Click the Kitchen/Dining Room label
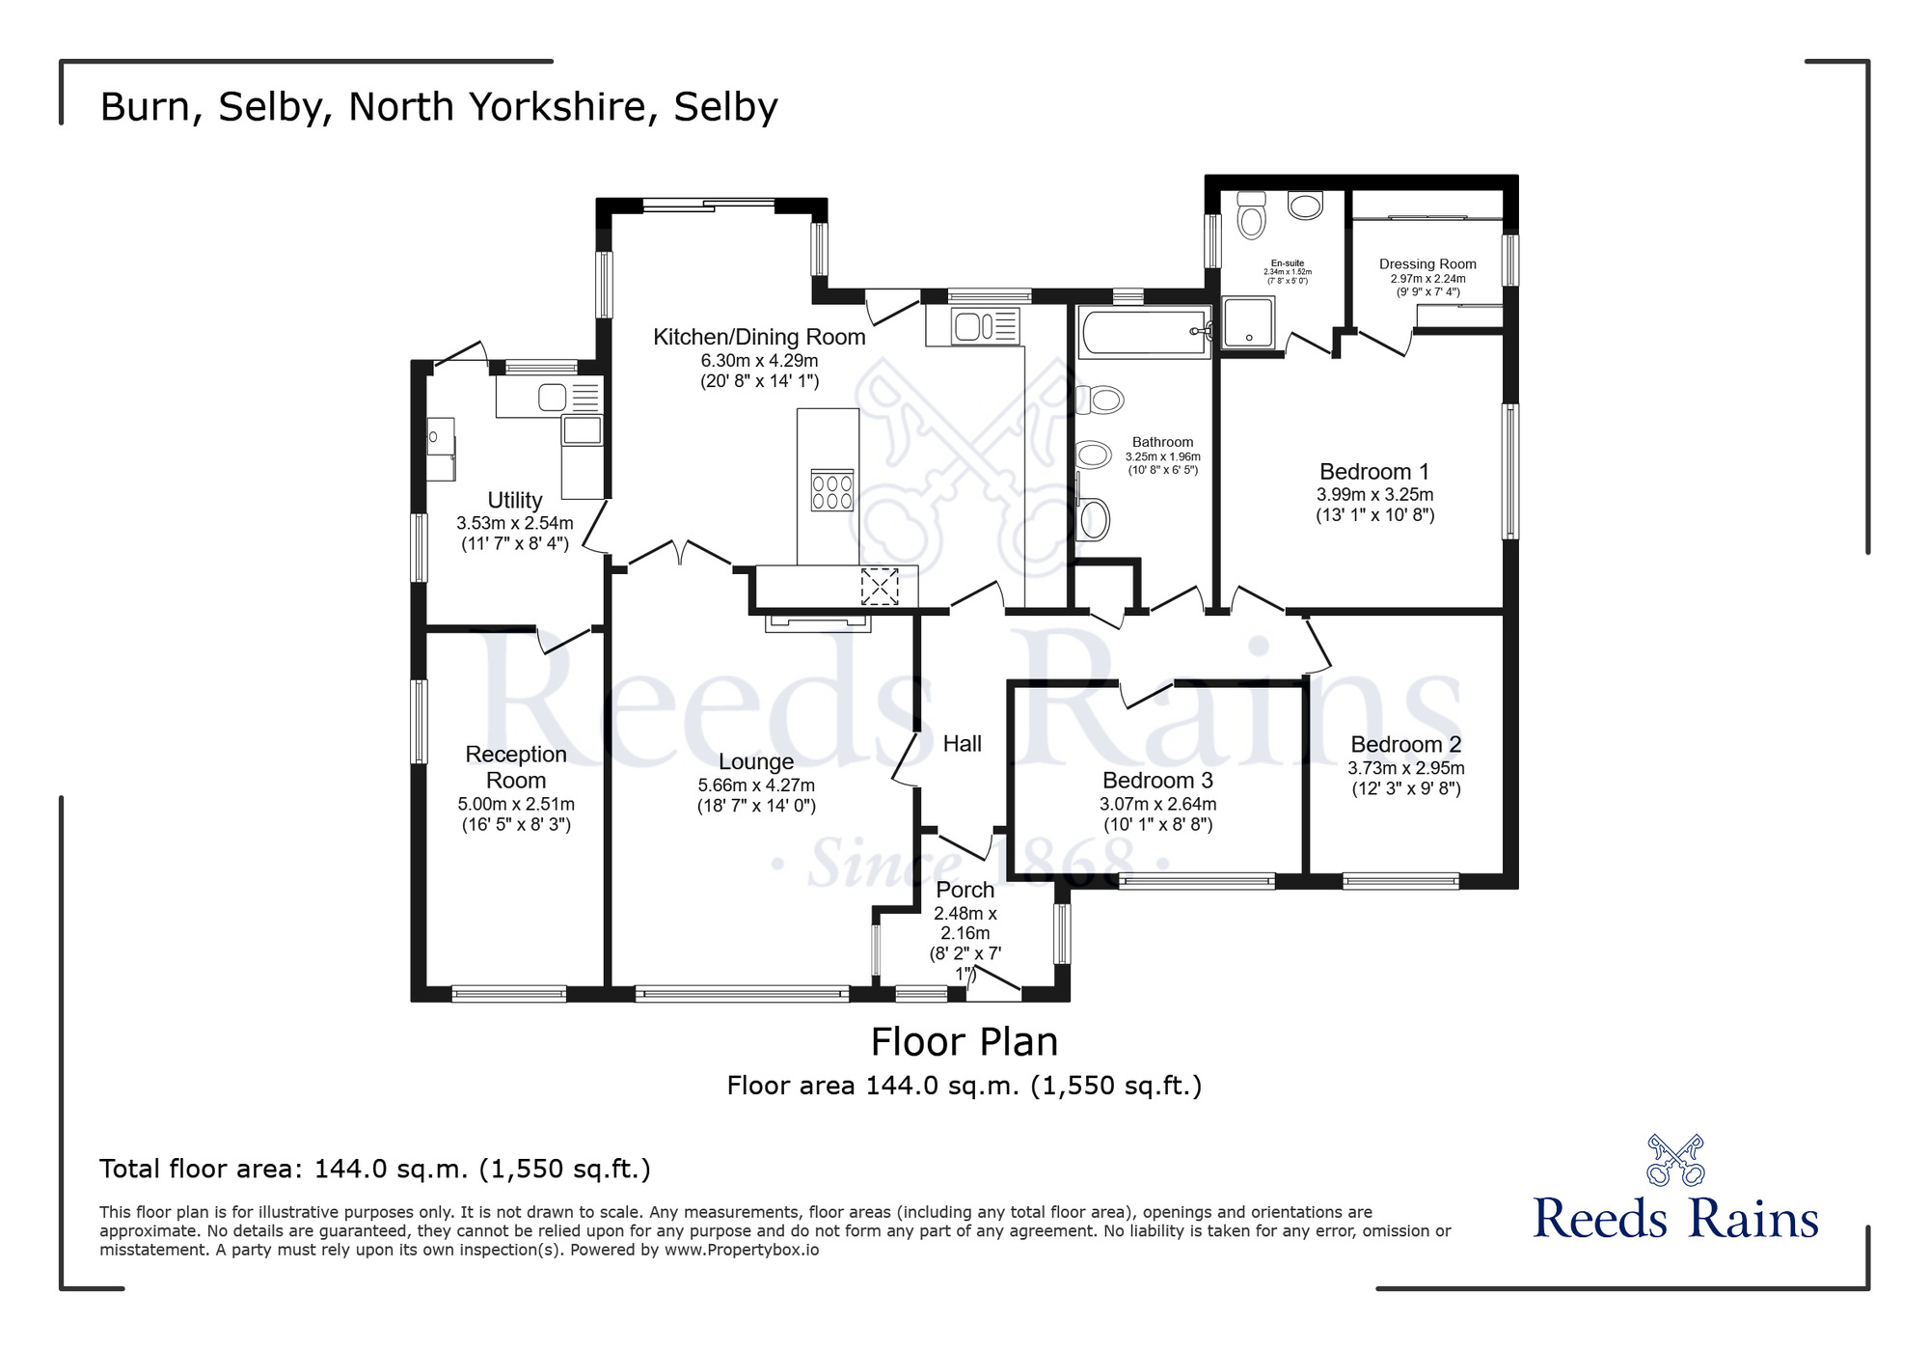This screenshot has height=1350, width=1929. click(x=759, y=338)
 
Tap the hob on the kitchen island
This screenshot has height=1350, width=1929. click(x=831, y=490)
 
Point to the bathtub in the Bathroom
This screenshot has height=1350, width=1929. click(x=1144, y=333)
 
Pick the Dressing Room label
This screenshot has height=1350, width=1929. click(x=1427, y=264)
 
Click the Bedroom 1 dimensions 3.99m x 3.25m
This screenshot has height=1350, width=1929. click(x=1374, y=495)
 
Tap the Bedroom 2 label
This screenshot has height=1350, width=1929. click(x=1405, y=745)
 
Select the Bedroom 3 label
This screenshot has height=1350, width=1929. click(x=1157, y=781)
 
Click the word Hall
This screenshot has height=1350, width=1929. click(x=962, y=744)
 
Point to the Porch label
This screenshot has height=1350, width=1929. click(x=964, y=890)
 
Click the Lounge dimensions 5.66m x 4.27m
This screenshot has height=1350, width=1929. click(x=756, y=785)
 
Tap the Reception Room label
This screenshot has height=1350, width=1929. click(x=516, y=767)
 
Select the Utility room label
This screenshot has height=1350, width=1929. click(x=514, y=500)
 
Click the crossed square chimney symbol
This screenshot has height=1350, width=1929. click(x=879, y=587)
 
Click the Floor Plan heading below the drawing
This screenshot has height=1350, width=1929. click(x=964, y=1042)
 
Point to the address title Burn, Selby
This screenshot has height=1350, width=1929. click(x=438, y=107)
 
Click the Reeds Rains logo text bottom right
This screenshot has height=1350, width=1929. click(x=1675, y=1218)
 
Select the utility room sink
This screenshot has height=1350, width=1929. click(x=553, y=398)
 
